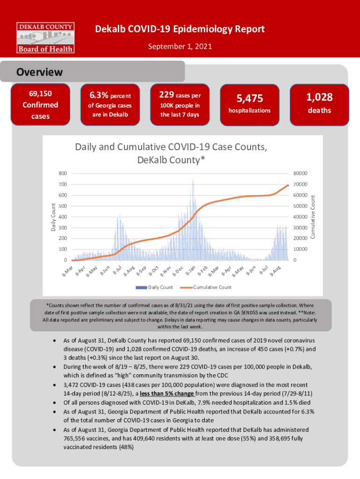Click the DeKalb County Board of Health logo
pyautogui.click(x=45, y=37)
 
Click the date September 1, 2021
pyautogui.click(x=180, y=46)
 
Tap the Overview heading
pyautogui.click(x=40, y=73)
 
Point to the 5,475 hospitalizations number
pyautogui.click(x=250, y=98)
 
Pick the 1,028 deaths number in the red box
pyautogui.click(x=319, y=97)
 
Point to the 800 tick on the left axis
pyautogui.click(x=62, y=174)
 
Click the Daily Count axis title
pyautogui.click(x=54, y=217)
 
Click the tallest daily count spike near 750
pyautogui.click(x=193, y=180)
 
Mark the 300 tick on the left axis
pyautogui.click(x=62, y=227)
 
